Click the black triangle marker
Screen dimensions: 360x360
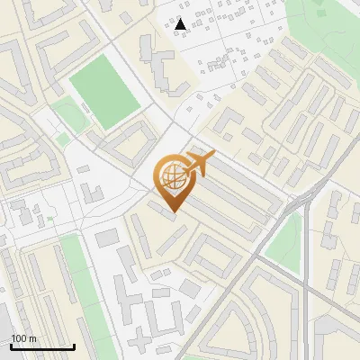(181, 24)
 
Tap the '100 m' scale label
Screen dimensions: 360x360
(23, 338)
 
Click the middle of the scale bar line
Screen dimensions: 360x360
(42, 346)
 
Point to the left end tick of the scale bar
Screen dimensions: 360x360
(11, 345)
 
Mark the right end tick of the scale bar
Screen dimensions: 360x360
(74, 345)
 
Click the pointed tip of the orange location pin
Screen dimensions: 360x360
(174, 212)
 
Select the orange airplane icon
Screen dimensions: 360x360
(200, 163)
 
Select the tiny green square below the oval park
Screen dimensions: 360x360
(61, 139)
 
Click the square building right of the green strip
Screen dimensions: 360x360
(107, 238)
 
